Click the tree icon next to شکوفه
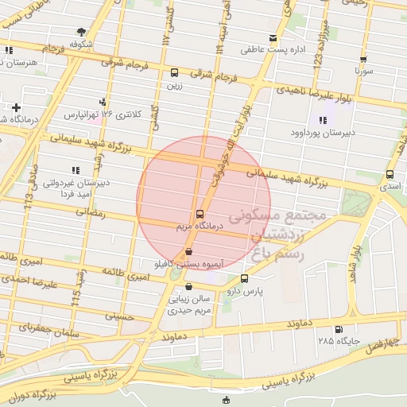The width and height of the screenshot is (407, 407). [82, 33]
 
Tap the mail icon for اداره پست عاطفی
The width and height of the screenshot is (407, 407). [273, 38]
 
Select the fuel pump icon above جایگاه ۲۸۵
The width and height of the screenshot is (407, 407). [339, 329]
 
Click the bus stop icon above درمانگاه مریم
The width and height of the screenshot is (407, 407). [199, 214]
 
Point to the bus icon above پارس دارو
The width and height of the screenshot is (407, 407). [243, 278]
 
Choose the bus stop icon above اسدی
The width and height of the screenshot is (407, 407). [389, 174]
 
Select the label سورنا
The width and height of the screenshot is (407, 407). [363, 71]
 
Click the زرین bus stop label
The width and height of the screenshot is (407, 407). [174, 83]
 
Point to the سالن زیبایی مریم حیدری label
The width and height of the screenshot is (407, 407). [188, 304]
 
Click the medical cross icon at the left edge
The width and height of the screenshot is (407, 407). [15, 107]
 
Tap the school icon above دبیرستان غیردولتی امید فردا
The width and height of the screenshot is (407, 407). [75, 170]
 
